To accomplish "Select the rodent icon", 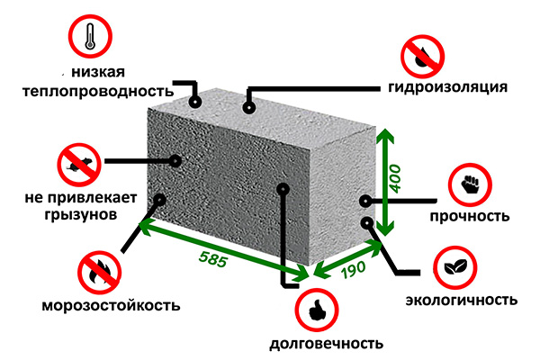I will point(77,164).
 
